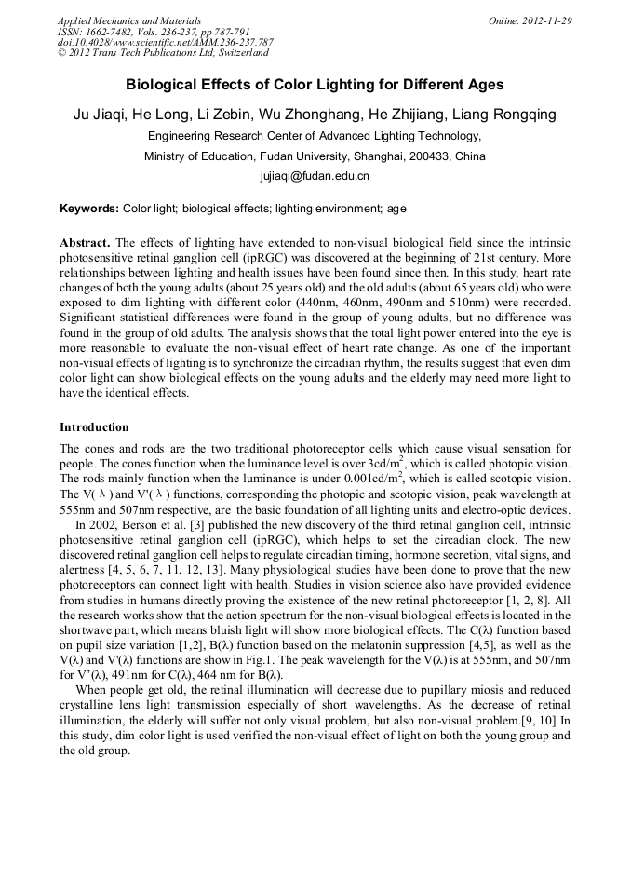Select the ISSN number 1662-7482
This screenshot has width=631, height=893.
(118, 31)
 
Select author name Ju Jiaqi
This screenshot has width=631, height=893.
(100, 115)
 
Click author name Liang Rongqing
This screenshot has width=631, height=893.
(510, 115)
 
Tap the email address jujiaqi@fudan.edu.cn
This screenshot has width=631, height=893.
(315, 175)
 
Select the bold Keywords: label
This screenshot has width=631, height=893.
(89, 209)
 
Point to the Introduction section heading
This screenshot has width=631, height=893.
(94, 427)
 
